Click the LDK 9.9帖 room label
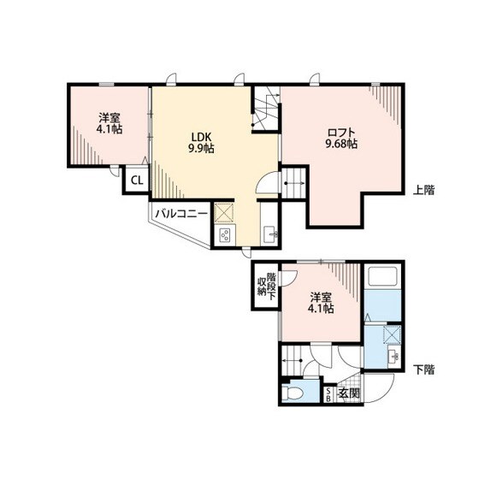(x=201, y=143)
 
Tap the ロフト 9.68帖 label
(x=341, y=138)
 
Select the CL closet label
(x=137, y=180)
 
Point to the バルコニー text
(x=181, y=214)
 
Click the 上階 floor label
(x=423, y=190)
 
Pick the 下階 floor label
(x=423, y=370)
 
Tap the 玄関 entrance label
(x=348, y=393)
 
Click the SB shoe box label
(x=328, y=394)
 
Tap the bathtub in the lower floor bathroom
(x=382, y=276)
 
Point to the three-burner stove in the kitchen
(x=225, y=235)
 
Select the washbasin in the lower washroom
(x=393, y=356)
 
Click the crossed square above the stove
(x=223, y=212)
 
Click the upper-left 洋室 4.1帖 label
(x=109, y=123)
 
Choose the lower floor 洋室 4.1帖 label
(x=321, y=303)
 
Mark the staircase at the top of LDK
(x=266, y=108)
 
